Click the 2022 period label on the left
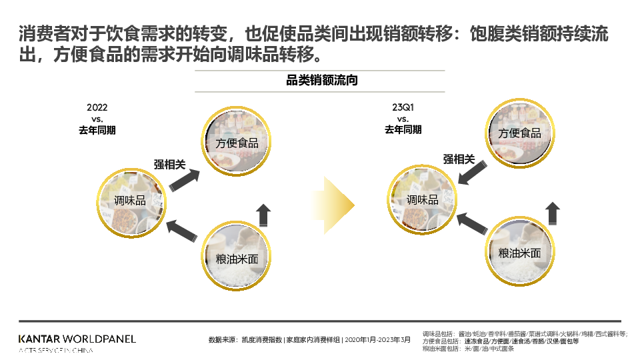click(x=97, y=107)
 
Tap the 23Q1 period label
click(x=403, y=107)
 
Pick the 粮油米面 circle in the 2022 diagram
click(x=237, y=258)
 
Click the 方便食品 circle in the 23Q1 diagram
click(x=519, y=132)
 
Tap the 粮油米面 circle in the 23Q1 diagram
click(x=519, y=252)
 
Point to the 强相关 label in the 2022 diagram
click(x=169, y=165)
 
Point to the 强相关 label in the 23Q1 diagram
click(x=459, y=159)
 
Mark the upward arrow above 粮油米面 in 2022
click(x=263, y=215)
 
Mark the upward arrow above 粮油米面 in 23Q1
click(x=553, y=213)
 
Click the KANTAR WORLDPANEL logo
click(x=77, y=339)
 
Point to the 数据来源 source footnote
click(x=309, y=339)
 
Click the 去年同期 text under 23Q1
click(x=403, y=130)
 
